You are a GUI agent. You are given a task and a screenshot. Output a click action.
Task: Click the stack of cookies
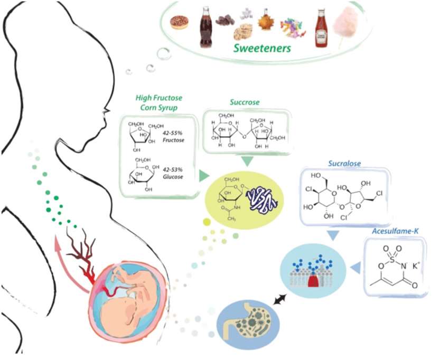coord(242,32)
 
